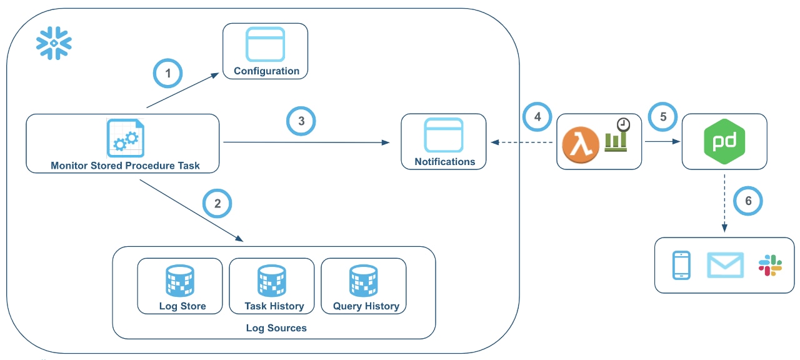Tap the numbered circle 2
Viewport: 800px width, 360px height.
tap(217, 203)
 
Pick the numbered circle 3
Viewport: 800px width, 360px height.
tap(301, 121)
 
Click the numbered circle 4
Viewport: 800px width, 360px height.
tap(537, 116)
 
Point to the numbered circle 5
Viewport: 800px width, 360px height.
tap(663, 116)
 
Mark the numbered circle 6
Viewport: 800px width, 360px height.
tap(747, 201)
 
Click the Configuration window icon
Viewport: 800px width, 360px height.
tap(266, 44)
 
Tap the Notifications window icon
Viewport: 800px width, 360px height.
tap(444, 135)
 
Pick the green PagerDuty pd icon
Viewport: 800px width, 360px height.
tap(724, 142)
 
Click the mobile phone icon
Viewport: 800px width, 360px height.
tap(681, 265)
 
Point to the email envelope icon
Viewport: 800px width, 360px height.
tap(725, 265)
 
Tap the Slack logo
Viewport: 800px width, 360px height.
tap(770, 265)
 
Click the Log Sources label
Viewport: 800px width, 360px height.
tap(276, 328)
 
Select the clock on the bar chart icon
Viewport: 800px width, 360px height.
tap(622, 124)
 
